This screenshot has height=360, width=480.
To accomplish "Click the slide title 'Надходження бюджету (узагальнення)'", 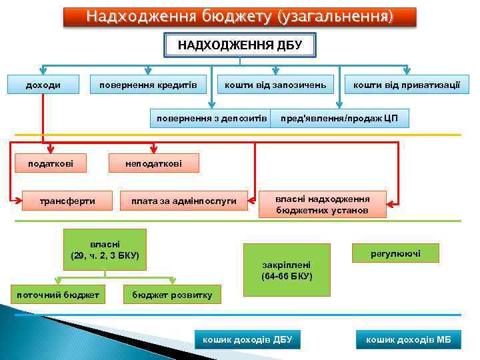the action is [x=239, y=16].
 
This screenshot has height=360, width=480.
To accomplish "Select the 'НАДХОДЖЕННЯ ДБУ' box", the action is [x=239, y=45].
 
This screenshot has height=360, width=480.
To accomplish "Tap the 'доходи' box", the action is [x=43, y=85].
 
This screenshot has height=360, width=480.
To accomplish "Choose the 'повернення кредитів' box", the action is [x=147, y=85].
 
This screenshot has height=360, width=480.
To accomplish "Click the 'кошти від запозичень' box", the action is [x=275, y=85].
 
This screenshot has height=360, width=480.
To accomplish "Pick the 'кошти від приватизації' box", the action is [x=406, y=85].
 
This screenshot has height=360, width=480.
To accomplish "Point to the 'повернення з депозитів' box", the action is [x=211, y=119].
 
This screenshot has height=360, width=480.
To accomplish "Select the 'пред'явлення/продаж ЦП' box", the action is [x=339, y=119].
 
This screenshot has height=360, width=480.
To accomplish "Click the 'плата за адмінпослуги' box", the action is [x=183, y=201].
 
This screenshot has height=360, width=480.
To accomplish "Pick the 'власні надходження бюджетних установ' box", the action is [x=323, y=205].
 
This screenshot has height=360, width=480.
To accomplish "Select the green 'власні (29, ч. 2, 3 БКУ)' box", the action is [x=105, y=249].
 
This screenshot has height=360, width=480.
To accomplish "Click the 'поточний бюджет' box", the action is [x=59, y=294].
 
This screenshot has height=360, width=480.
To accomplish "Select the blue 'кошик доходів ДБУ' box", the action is [x=247, y=339].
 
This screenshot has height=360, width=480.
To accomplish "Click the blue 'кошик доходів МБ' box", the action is [x=408, y=339].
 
